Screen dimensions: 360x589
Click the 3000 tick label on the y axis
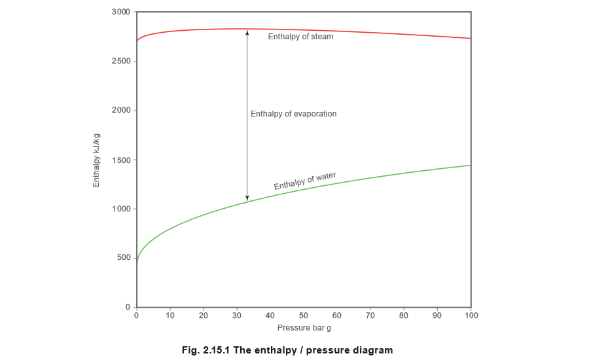click(x=122, y=12)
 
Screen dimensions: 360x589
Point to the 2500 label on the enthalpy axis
click(x=122, y=61)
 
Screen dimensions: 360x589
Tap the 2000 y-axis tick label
click(x=122, y=110)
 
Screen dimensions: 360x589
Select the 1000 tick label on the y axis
click(x=122, y=209)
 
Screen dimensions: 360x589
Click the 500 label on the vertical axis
click(x=124, y=258)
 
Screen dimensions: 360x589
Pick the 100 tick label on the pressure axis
click(x=471, y=316)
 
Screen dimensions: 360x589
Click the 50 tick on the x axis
click(x=304, y=316)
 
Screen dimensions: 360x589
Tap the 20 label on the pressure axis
click(x=204, y=316)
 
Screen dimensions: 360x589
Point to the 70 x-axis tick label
click(x=370, y=316)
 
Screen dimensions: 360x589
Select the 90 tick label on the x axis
click(x=437, y=316)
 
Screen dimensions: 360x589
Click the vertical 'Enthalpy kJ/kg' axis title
click(x=97, y=159)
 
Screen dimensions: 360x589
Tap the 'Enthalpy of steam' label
click(x=301, y=37)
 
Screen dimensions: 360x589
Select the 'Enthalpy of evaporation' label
click(x=294, y=114)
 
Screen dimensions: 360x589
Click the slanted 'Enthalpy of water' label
click(x=304, y=181)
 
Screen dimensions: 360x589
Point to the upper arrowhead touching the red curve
click(x=247, y=32)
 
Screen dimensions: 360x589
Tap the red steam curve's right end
click(x=470, y=39)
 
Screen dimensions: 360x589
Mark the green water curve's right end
click(x=470, y=165)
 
